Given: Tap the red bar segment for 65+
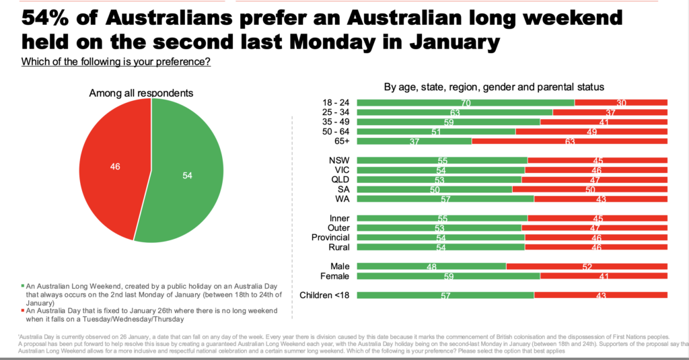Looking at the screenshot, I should click(x=569, y=141).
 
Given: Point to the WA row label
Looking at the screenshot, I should click(x=340, y=199).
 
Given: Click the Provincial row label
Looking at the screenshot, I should click(x=330, y=238).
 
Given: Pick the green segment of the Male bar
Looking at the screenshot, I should click(x=431, y=266).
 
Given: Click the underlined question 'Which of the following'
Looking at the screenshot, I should click(x=116, y=63).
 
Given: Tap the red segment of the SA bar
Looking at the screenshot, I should click(x=589, y=190).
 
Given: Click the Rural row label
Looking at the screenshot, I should click(x=338, y=247).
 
